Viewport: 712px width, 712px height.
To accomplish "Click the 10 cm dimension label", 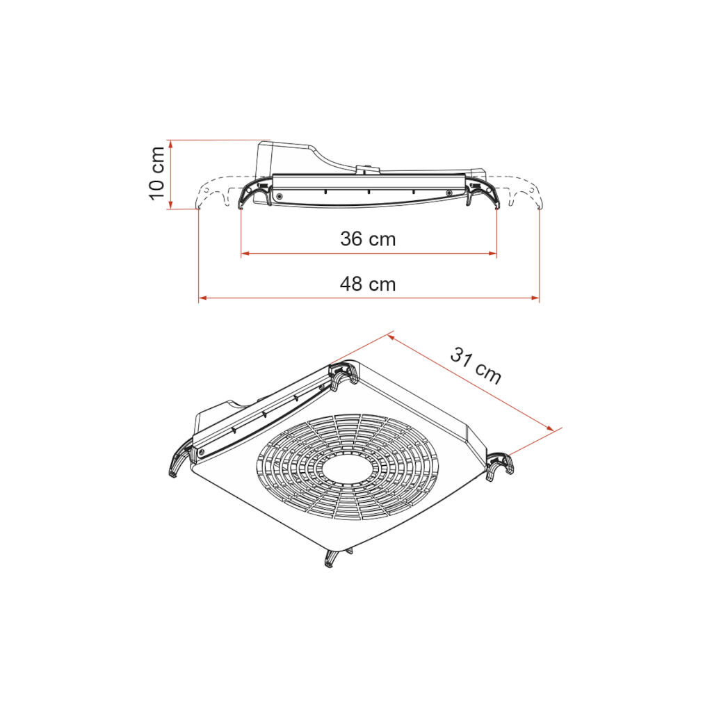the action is [x=156, y=173].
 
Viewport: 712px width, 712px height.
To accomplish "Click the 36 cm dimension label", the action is [x=368, y=239].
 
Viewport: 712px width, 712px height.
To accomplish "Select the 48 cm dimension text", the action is [x=368, y=284].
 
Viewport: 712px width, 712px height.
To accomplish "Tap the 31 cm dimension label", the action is [x=476, y=366].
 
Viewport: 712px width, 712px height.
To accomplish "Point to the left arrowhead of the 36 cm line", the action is [x=245, y=253].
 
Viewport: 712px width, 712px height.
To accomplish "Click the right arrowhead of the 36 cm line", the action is [x=493, y=253].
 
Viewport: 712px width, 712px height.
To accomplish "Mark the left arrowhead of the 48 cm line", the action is [x=203, y=298].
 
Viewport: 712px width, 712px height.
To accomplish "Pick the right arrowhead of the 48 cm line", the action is [x=535, y=298].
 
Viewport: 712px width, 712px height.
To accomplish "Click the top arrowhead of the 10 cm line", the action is [x=171, y=144].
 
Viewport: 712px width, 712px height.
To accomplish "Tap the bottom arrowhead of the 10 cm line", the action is [x=171, y=205].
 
